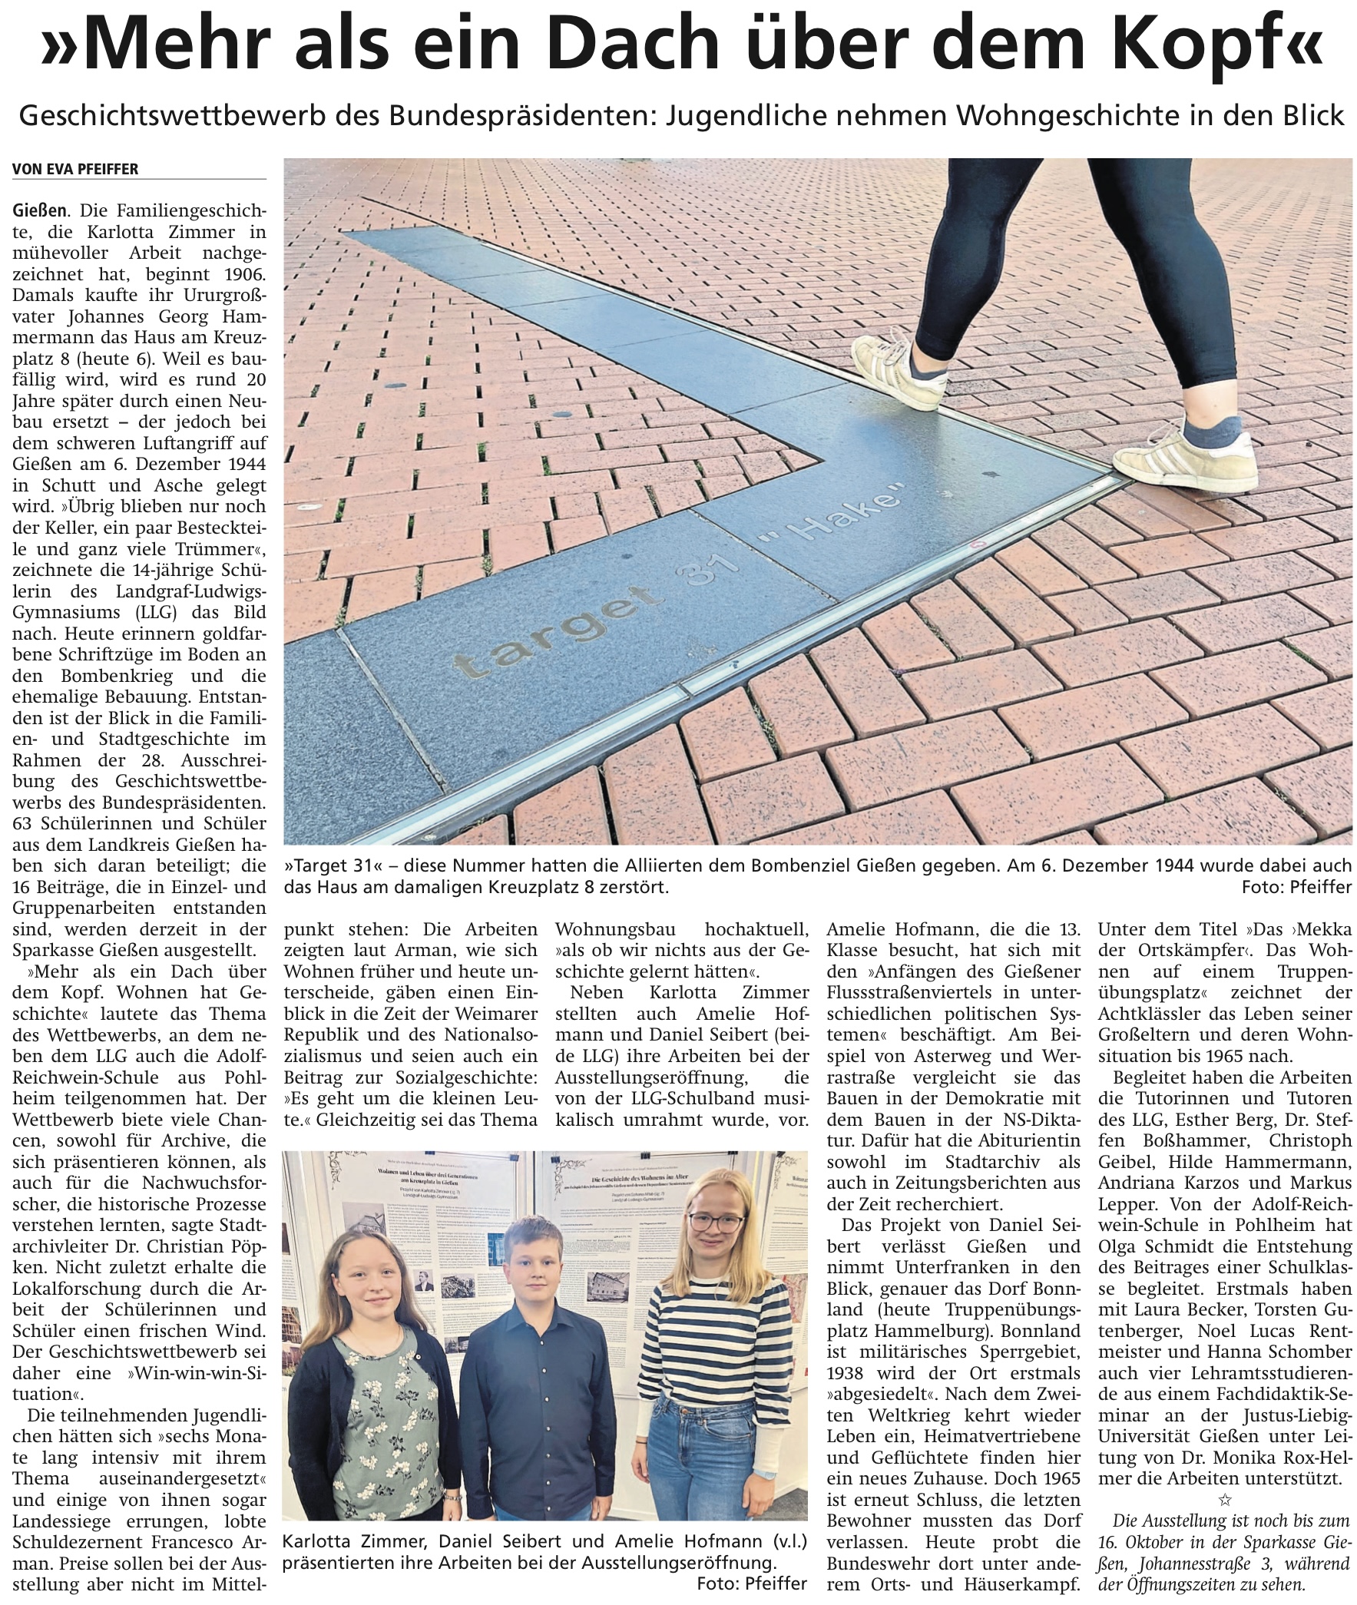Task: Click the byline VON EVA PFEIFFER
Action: (x=75, y=169)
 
